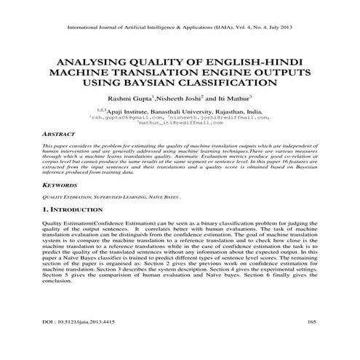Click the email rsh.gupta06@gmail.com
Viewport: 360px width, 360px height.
pos(127,116)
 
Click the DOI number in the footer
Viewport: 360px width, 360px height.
pos(83,321)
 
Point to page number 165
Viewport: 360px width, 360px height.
pos(311,321)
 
